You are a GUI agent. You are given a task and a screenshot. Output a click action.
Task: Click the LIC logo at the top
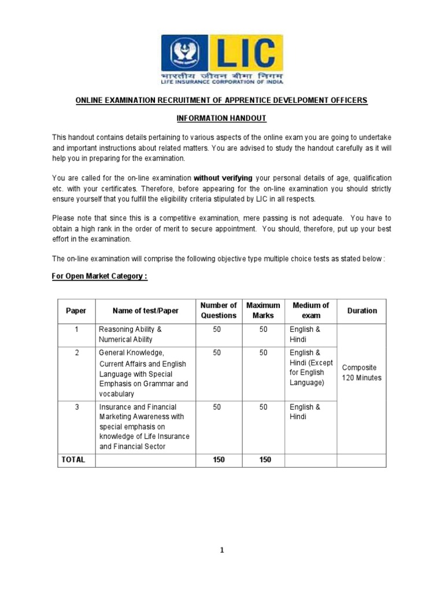(222, 57)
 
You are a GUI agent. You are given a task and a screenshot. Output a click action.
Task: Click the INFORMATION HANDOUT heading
(221, 118)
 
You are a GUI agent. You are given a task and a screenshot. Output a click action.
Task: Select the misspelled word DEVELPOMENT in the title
(307, 101)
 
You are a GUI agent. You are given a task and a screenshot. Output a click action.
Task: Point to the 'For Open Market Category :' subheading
(99, 276)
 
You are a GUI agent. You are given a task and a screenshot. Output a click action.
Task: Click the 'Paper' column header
(76, 311)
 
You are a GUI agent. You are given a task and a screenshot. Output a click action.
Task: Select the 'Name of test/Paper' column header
(146, 311)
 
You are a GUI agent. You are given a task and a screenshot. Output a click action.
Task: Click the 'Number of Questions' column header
(219, 310)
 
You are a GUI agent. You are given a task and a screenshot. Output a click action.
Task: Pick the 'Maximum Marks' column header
(263, 310)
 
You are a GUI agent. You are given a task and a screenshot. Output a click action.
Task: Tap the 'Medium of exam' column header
(310, 310)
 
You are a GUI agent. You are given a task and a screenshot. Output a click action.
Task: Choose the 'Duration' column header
(362, 311)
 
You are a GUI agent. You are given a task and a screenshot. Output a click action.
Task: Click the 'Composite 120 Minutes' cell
(362, 373)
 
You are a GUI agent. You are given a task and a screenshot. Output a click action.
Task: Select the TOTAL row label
(73, 460)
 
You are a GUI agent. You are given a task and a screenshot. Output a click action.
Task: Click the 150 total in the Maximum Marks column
(263, 460)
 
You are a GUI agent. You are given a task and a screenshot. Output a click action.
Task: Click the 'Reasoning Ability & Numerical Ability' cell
(130, 335)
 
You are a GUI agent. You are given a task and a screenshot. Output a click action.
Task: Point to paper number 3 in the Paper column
(76, 407)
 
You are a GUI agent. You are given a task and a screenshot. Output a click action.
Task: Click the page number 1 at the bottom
(222, 550)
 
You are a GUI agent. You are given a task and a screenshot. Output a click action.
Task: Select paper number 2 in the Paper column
(76, 353)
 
